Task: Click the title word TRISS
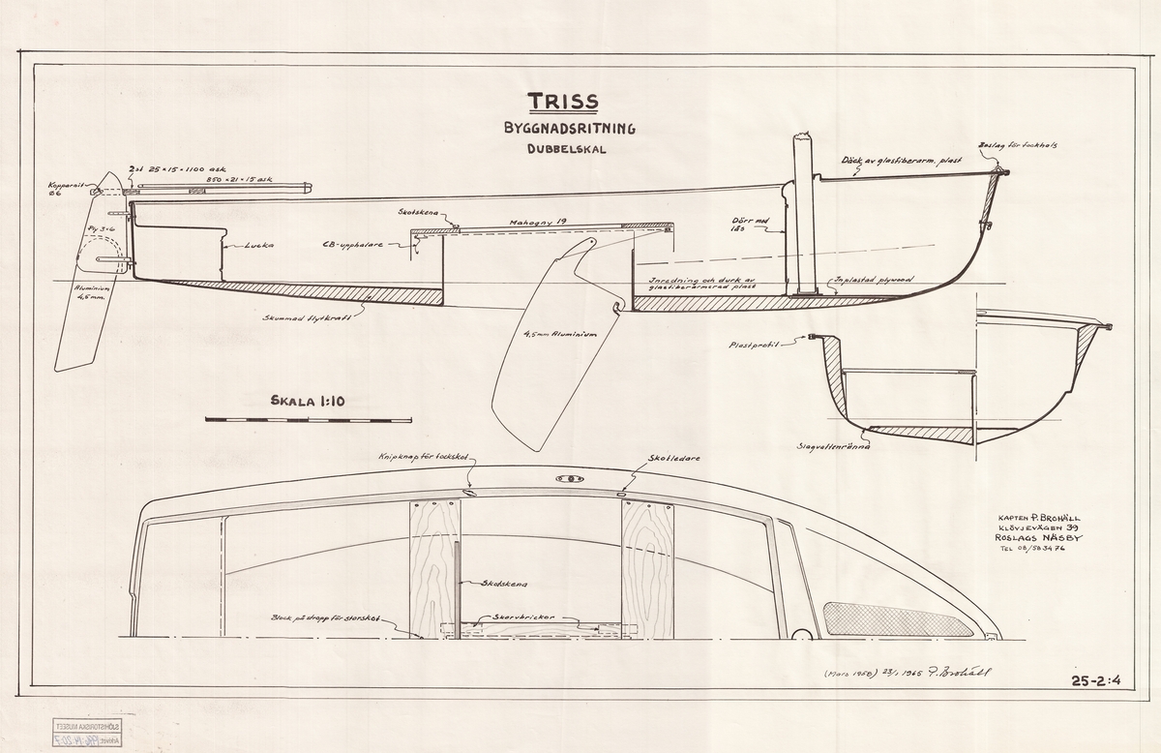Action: click(x=562, y=102)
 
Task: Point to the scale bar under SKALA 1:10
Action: click(x=309, y=420)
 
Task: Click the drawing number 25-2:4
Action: click(x=1096, y=680)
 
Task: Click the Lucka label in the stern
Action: click(x=258, y=246)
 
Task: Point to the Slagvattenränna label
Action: click(x=835, y=446)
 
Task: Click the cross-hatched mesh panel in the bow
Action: click(x=894, y=619)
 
